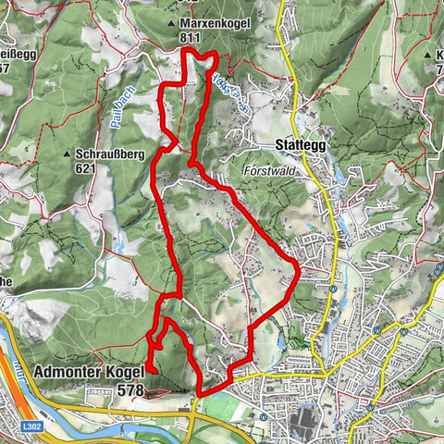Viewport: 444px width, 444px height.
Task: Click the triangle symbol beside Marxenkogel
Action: click(172, 22)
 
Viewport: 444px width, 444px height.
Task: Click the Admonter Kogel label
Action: click(88, 374)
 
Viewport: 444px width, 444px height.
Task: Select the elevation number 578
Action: click(130, 391)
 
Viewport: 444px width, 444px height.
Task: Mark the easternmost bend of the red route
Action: click(299, 267)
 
